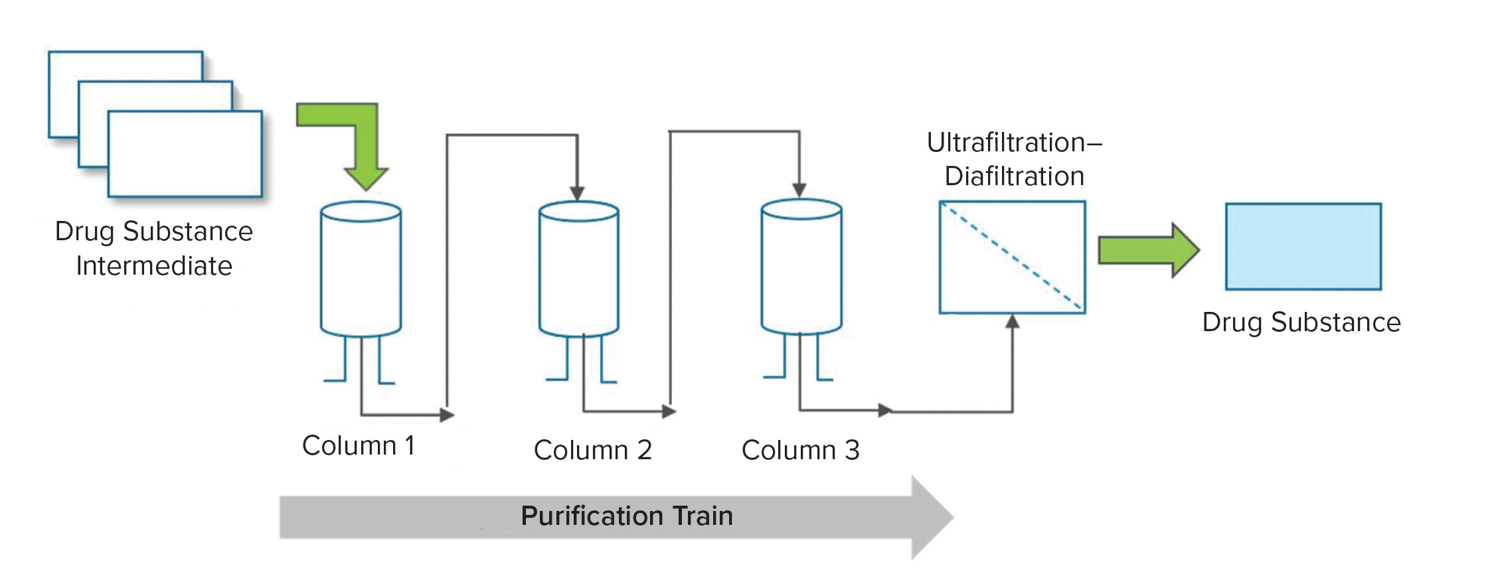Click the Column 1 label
coord(359,446)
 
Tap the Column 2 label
coord(592,451)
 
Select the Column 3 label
coord(800,451)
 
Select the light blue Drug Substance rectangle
coord(1303,247)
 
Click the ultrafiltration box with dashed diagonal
coord(1012,257)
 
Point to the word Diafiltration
coord(1014,177)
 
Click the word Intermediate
coord(154,266)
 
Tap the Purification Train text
coord(626,516)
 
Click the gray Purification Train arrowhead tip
coord(951,517)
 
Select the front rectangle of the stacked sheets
coord(185,154)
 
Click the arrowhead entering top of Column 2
coord(577,192)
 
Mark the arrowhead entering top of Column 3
coord(799,190)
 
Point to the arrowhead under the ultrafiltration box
coord(1012,322)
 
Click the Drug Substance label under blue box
coord(1301,323)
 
